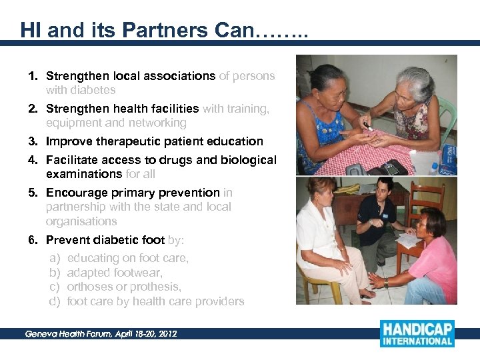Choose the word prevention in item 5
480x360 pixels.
click(x=187, y=193)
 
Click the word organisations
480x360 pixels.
click(x=81, y=221)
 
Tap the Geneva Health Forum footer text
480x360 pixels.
click(x=101, y=333)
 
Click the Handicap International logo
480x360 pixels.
click(x=417, y=333)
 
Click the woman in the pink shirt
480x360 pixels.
click(x=433, y=260)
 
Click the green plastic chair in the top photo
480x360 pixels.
click(x=445, y=117)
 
